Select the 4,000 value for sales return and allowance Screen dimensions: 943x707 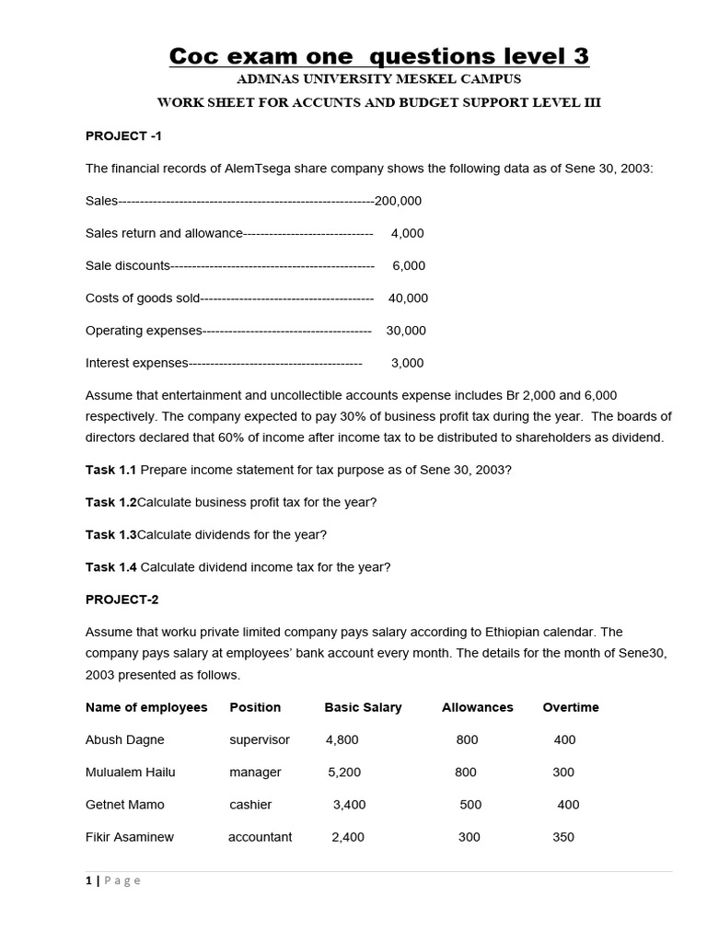(x=407, y=233)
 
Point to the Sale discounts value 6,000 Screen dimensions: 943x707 (x=409, y=265)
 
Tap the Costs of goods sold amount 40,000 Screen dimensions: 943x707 (x=408, y=297)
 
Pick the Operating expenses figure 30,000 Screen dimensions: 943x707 (x=406, y=330)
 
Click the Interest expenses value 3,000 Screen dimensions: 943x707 (x=407, y=363)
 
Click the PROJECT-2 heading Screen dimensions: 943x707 (x=122, y=600)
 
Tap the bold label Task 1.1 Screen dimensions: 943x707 (x=110, y=470)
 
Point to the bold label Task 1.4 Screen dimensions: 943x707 (x=110, y=567)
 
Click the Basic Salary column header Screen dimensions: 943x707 (x=363, y=707)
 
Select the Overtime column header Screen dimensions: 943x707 (x=571, y=707)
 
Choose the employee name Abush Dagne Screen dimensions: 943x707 (x=125, y=739)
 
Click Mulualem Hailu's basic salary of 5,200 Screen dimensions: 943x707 (x=344, y=772)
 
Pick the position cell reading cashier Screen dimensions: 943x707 (x=250, y=804)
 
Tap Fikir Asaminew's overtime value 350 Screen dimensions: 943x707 (x=563, y=837)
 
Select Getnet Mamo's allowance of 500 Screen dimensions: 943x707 (x=470, y=804)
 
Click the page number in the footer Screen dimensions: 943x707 (x=88, y=880)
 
